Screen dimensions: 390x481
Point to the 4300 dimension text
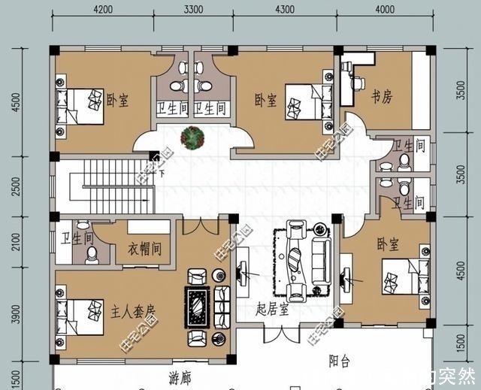pyautogui.click(x=284, y=10)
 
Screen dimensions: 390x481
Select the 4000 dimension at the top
pyautogui.click(x=384, y=10)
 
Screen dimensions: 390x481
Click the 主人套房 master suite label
pyautogui.click(x=133, y=310)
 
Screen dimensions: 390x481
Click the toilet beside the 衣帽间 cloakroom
pyautogui.click(x=92, y=256)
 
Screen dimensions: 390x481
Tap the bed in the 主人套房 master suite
pyautogui.click(x=79, y=318)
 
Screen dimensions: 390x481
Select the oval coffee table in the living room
pyautogui.click(x=297, y=258)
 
